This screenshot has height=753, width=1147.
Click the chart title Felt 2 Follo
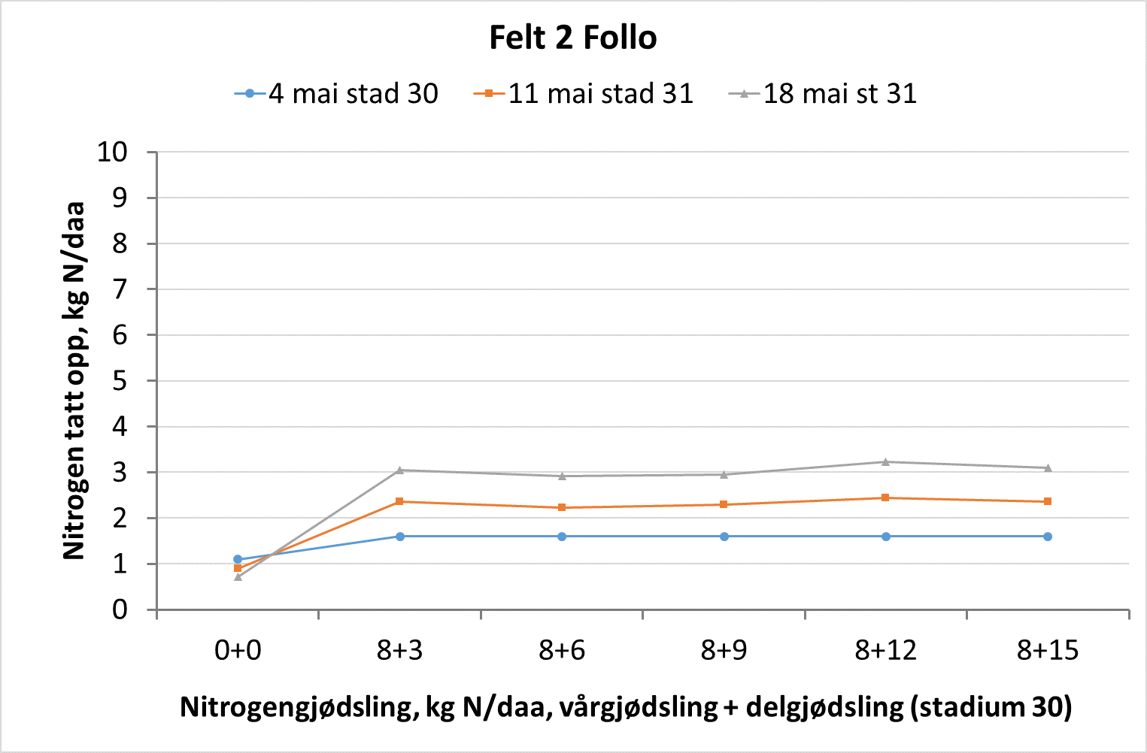pos(572,38)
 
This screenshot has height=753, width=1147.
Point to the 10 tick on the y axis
pos(113,152)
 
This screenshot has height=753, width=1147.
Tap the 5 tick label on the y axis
pos(120,381)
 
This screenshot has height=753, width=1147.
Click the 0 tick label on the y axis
pos(120,609)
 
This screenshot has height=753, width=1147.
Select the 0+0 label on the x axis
pos(238,650)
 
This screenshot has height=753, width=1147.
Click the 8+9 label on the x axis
pos(724,650)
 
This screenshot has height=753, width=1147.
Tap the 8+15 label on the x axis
pos(1047,650)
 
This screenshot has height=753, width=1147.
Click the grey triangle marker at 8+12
pos(885,461)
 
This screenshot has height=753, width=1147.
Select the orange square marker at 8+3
pos(399,501)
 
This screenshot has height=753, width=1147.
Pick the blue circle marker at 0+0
pos(238,559)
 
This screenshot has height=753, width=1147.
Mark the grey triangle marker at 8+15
pos(1048,467)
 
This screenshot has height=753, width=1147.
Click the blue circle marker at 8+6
pos(562,537)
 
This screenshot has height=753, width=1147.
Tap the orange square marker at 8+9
pos(724,504)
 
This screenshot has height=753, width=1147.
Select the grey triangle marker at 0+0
pos(238,576)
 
